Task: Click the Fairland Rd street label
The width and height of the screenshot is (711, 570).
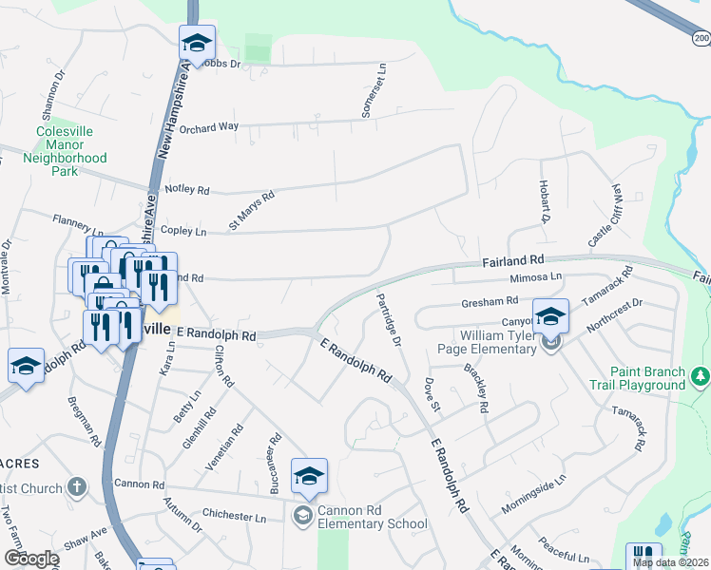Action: pyautogui.click(x=512, y=258)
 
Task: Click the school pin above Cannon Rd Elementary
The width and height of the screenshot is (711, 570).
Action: pyautogui.click(x=309, y=478)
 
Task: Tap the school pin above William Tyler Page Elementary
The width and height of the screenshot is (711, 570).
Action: pyautogui.click(x=550, y=317)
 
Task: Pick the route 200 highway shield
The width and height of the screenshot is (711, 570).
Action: pyautogui.click(x=701, y=38)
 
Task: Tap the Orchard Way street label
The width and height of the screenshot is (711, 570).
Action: pyautogui.click(x=208, y=126)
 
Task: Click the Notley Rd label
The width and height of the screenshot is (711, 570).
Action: pyautogui.click(x=186, y=190)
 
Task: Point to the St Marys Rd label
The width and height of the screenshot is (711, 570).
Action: pyautogui.click(x=251, y=211)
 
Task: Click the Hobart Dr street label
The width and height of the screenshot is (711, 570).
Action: pyautogui.click(x=545, y=200)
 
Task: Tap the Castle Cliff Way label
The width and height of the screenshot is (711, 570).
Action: pyautogui.click(x=605, y=216)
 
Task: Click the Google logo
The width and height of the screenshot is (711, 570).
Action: pyautogui.click(x=31, y=559)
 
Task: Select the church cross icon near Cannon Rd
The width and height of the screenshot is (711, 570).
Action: pyautogui.click(x=77, y=487)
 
